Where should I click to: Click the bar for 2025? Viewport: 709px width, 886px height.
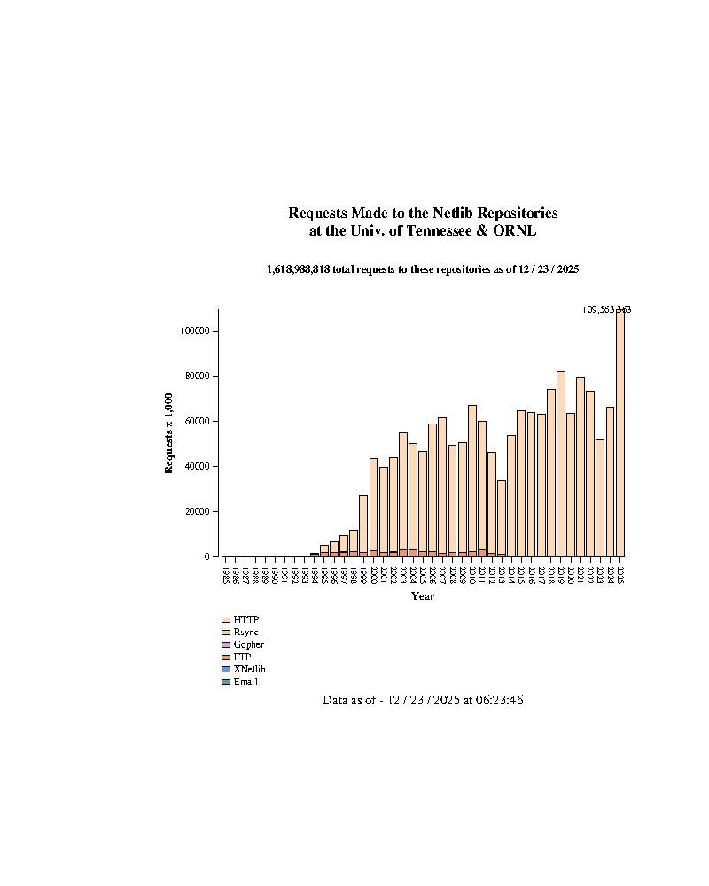pos(620,434)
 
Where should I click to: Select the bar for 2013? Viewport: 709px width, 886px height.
pos(502,518)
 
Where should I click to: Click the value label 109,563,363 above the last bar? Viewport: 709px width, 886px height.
pos(606,309)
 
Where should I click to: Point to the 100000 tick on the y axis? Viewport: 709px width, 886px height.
pos(194,330)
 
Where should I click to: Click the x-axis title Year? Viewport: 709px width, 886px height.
pos(423,596)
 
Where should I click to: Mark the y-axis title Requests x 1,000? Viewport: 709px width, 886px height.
pos(168,434)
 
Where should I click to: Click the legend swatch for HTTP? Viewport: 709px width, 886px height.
pos(226,620)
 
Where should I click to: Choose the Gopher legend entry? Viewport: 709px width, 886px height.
pos(248,645)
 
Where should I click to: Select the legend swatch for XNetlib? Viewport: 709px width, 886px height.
pos(226,669)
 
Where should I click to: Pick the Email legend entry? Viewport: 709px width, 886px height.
pos(245,681)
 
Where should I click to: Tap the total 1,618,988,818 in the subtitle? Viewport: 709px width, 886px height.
pos(299,268)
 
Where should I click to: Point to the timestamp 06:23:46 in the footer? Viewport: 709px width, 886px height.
pos(497,700)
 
